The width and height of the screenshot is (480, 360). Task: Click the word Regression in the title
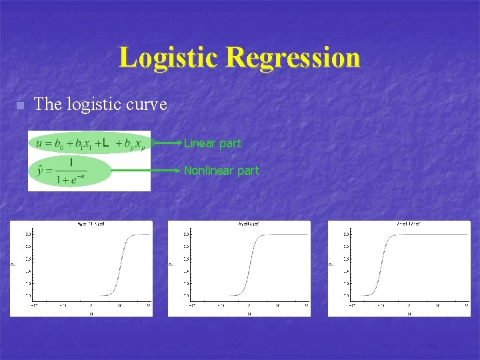coord(293,57)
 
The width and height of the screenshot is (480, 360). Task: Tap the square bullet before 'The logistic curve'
coord(20,106)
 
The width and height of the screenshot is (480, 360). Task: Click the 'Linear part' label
coord(213,143)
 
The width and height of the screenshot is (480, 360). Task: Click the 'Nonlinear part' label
coord(221,171)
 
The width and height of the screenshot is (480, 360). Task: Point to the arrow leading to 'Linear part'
coord(167,143)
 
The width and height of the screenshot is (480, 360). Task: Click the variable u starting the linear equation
coord(39,143)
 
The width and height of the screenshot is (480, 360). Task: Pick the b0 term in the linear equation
coord(59,143)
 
